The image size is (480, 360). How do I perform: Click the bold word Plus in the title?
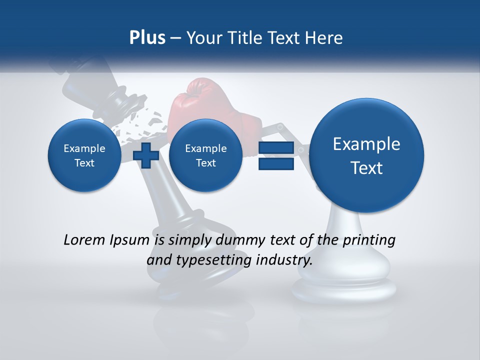(x=147, y=38)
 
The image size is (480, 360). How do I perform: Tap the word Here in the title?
(x=324, y=38)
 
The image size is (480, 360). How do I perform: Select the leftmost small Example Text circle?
(x=84, y=155)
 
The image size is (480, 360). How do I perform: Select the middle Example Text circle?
(x=205, y=155)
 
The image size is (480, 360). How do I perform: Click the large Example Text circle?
(x=366, y=155)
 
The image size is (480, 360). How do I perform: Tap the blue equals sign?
(x=276, y=155)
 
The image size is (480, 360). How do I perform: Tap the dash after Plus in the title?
(x=175, y=38)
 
